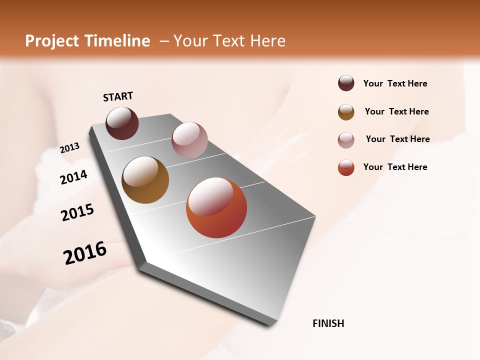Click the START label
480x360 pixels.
pyautogui.click(x=118, y=96)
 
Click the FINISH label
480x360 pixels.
pyautogui.click(x=328, y=323)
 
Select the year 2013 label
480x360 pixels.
pyautogui.click(x=69, y=148)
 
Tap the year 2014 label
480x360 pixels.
pyautogui.click(x=73, y=177)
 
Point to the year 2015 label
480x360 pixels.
pyautogui.click(x=77, y=212)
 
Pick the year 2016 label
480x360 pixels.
pyautogui.click(x=85, y=253)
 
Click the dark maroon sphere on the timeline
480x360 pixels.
pyautogui.click(x=122, y=123)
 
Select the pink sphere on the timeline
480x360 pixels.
pyautogui.click(x=189, y=139)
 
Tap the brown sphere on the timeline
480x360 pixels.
pyautogui.click(x=145, y=180)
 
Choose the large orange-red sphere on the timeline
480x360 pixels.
pyautogui.click(x=216, y=207)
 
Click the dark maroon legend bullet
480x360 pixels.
pyautogui.click(x=346, y=83)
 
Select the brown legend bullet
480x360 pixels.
pyautogui.click(x=346, y=111)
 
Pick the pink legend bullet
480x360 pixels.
pyautogui.click(x=346, y=139)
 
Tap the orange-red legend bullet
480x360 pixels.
pyautogui.click(x=346, y=167)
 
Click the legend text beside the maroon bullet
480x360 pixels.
pyautogui.click(x=395, y=84)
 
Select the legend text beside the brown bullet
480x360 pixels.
pyautogui.click(x=396, y=111)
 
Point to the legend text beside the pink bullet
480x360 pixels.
pyautogui.click(x=397, y=139)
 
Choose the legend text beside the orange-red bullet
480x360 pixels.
pyautogui.click(x=395, y=167)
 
